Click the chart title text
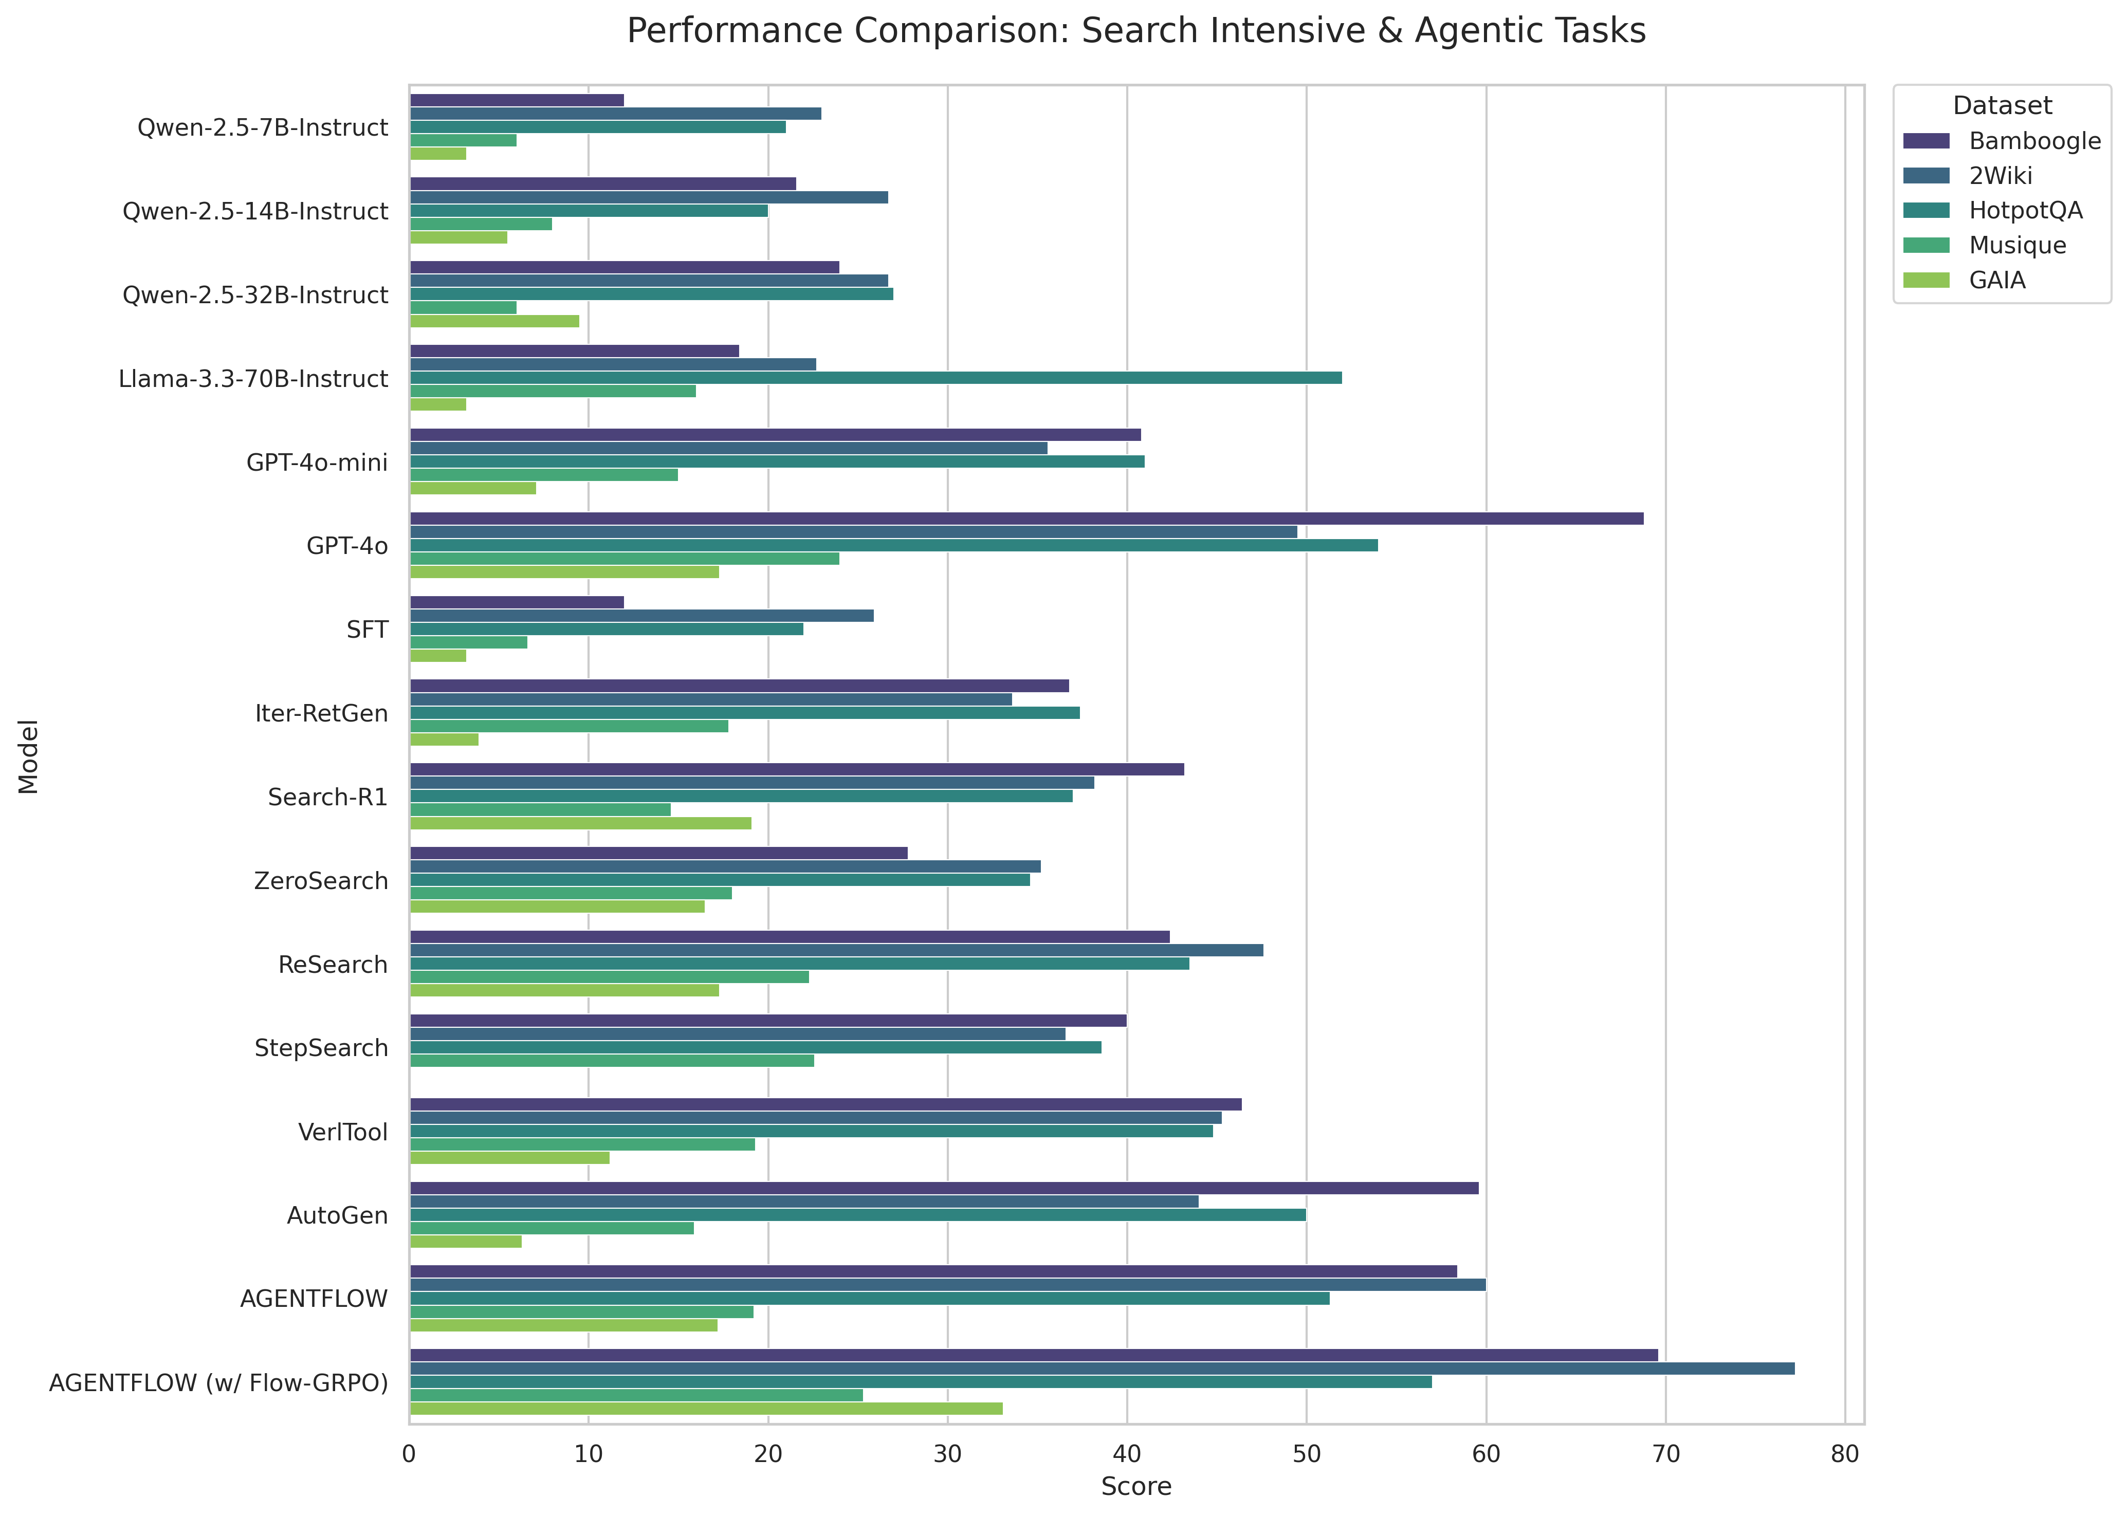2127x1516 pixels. coord(1135,31)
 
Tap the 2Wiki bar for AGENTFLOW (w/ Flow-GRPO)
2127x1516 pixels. coord(1102,1369)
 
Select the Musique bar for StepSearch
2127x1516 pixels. coord(612,1061)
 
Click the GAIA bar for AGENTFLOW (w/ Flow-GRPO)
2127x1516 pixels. coord(706,1409)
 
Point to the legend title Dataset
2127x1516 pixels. coord(2002,105)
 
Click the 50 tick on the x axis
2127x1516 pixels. coord(1306,1453)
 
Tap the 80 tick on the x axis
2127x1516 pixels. coord(1845,1453)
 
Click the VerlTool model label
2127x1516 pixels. coord(343,1132)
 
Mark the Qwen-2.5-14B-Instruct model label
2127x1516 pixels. coord(255,212)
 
